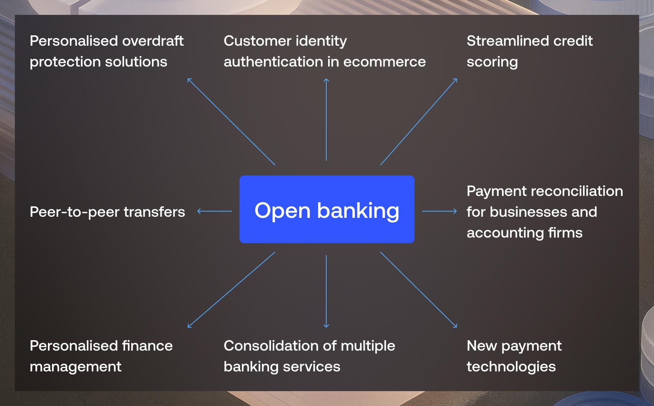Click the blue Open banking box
[327, 209]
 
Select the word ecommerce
[385, 62]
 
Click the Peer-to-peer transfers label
[107, 212]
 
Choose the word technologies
[511, 367]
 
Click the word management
[75, 367]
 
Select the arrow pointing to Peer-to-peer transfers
[214, 211]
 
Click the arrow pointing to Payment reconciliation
[440, 211]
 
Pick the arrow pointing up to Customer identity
[326, 119]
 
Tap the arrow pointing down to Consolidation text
[326, 291]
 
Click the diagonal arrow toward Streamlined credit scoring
[419, 122]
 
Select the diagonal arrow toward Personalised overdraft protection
[231, 122]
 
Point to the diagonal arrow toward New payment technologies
[419, 290]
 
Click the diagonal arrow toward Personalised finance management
[231, 290]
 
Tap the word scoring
[492, 62]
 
